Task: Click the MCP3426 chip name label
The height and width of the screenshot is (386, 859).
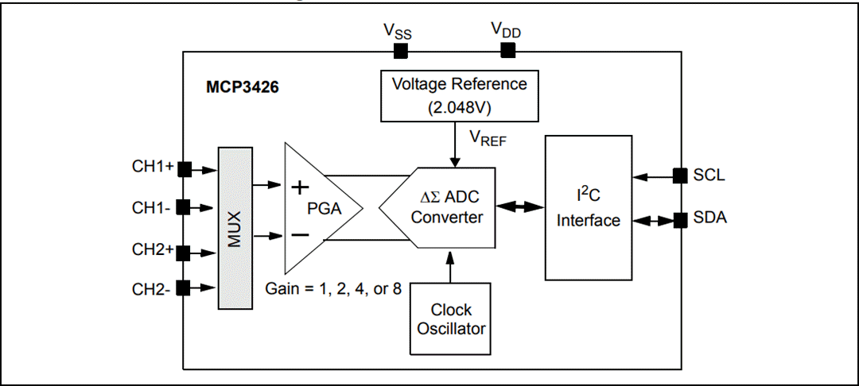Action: point(243,87)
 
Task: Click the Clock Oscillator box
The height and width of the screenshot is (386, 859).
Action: point(451,319)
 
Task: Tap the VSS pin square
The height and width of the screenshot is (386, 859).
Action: point(401,52)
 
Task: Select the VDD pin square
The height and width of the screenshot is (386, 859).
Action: point(507,52)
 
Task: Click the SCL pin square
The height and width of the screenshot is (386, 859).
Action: point(680,176)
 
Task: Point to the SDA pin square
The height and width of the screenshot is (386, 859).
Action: point(680,219)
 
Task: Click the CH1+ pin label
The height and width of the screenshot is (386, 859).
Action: point(153,168)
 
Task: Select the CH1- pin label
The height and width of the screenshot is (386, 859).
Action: point(151,208)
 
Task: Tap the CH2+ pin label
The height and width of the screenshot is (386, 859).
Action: point(153,249)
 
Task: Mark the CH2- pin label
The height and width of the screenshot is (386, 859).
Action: point(151,289)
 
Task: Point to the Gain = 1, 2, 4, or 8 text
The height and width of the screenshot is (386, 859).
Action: point(333,288)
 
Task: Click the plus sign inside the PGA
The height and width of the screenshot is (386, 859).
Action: point(299,187)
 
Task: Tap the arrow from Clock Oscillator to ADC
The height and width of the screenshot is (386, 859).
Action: point(451,267)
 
